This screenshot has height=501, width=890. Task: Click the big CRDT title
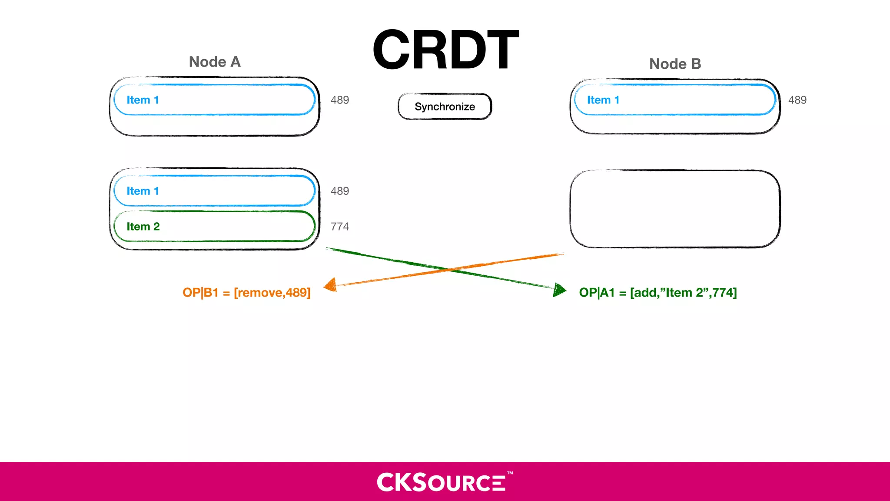[x=445, y=50]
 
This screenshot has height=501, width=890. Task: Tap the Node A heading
[x=215, y=62]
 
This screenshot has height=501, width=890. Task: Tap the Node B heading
[x=675, y=64]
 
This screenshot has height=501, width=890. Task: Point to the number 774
[x=339, y=227]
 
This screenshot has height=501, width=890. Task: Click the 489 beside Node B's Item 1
[x=797, y=100]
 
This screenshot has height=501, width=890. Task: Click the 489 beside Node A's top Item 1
[x=339, y=100]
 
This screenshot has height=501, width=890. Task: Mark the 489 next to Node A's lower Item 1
[x=339, y=191]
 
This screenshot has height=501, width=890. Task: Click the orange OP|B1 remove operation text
[x=246, y=293]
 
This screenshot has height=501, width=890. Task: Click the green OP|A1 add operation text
[x=658, y=293]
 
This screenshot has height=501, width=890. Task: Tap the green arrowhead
[x=559, y=290]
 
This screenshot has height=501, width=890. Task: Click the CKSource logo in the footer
[x=441, y=482]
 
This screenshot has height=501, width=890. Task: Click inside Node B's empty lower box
[x=674, y=209]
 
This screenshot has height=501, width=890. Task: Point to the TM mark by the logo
[x=510, y=473]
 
